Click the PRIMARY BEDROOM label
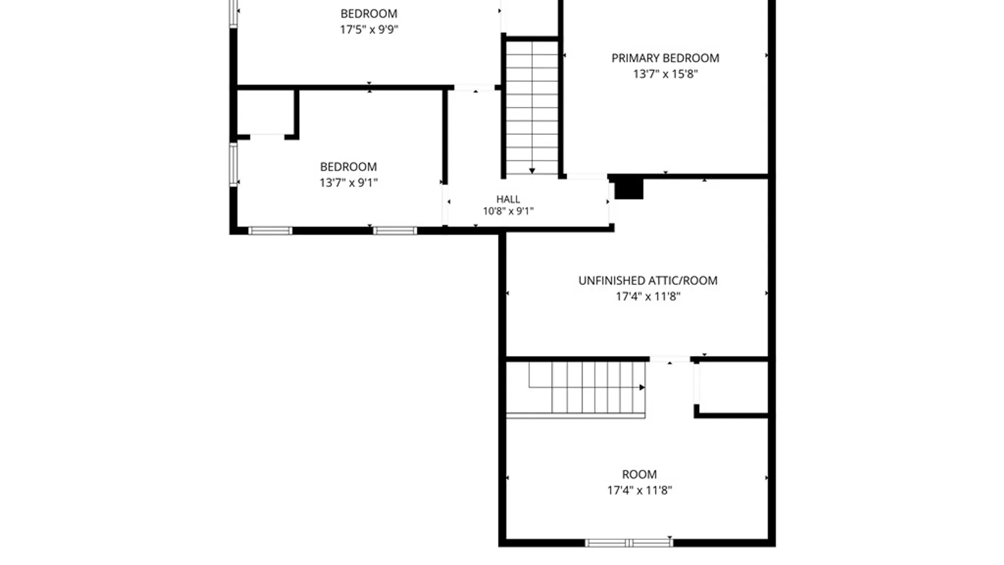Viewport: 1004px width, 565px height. pyautogui.click(x=665, y=58)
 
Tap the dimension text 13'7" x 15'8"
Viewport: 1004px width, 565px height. pyautogui.click(x=665, y=74)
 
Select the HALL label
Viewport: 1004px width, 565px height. pyautogui.click(x=508, y=199)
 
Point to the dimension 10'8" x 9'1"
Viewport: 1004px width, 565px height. pyautogui.click(x=508, y=211)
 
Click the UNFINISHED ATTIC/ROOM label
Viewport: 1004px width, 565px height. pyautogui.click(x=648, y=281)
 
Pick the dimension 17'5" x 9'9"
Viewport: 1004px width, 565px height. pyautogui.click(x=369, y=29)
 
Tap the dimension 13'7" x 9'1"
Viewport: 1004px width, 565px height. pyautogui.click(x=348, y=183)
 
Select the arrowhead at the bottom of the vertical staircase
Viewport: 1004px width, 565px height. pyautogui.click(x=532, y=171)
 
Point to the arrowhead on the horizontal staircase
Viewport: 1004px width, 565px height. pyautogui.click(x=642, y=388)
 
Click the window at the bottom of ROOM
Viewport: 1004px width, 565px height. pyautogui.click(x=629, y=543)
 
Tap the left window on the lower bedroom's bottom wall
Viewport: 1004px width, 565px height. pyautogui.click(x=270, y=231)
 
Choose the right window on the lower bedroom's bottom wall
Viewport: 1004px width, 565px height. pyautogui.click(x=395, y=231)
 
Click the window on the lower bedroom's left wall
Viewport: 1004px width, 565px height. pyautogui.click(x=233, y=164)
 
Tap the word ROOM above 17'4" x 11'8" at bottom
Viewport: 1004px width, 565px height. pyautogui.click(x=639, y=474)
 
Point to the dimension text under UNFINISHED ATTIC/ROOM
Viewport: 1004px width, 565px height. pyautogui.click(x=648, y=297)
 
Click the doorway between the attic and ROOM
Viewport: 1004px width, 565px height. pyautogui.click(x=670, y=359)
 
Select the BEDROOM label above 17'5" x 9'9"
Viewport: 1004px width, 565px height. pyautogui.click(x=369, y=14)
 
